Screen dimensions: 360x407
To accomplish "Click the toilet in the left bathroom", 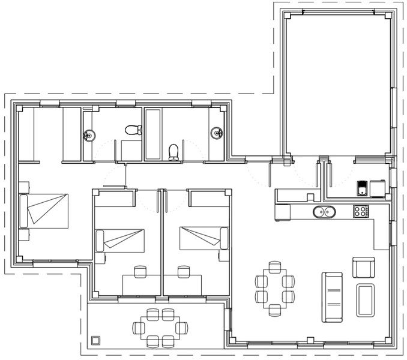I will (133, 129).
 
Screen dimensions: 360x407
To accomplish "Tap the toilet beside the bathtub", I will (174, 151).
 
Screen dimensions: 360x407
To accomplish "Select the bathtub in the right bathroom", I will (152, 134).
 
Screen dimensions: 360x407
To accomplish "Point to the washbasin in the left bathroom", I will (89, 136).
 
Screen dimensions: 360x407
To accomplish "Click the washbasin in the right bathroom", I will (217, 133).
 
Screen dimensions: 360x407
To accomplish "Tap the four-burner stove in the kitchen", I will (361, 211).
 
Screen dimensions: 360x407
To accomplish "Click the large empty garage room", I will (337, 84).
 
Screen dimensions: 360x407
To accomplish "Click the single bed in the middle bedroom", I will (123, 241).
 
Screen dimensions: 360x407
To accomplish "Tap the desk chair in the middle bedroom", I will (141, 272).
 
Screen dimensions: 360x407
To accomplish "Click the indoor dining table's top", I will (275, 288).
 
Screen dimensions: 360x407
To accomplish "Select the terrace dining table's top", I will (160, 328).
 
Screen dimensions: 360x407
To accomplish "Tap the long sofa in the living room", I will (333, 296).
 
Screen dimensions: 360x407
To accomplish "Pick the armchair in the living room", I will (363, 267).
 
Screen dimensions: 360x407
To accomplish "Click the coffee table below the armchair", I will (365, 300).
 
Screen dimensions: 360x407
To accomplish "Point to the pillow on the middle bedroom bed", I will (100, 241).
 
